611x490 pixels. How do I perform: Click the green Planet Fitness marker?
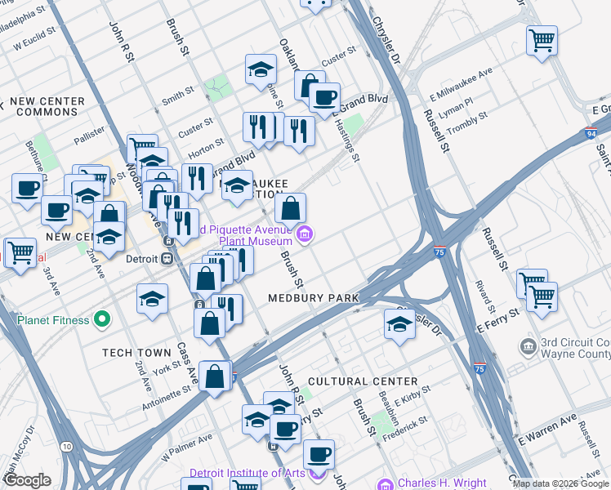[x=102, y=319]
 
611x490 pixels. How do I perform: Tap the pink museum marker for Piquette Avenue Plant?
[x=305, y=235]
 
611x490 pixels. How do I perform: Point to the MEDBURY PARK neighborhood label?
[x=314, y=299]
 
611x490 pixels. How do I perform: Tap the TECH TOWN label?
[x=136, y=353]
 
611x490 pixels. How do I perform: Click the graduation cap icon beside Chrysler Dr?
[x=399, y=325]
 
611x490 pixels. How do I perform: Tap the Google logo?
[x=27, y=480]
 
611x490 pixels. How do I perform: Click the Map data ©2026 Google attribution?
[x=560, y=483]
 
